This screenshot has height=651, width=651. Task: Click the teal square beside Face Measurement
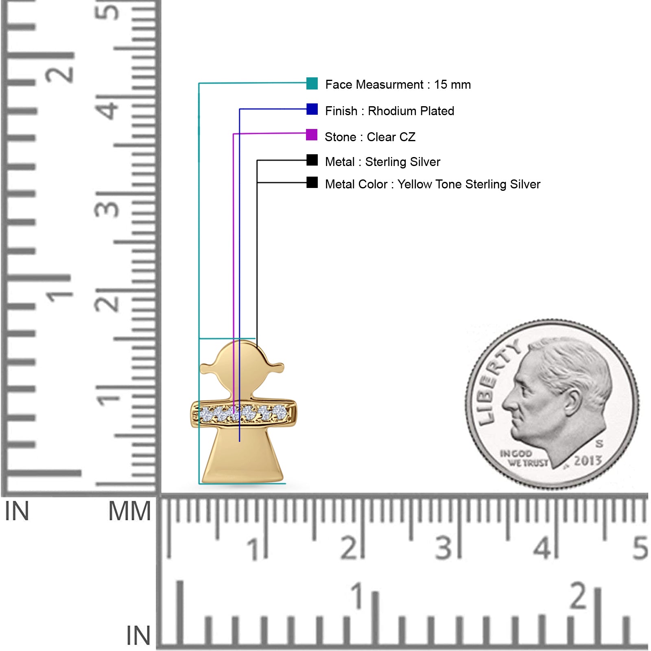click(x=312, y=83)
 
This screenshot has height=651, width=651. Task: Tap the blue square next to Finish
click(x=312, y=109)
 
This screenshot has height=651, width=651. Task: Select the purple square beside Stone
click(x=312, y=135)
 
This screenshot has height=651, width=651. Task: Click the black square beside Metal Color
click(x=312, y=182)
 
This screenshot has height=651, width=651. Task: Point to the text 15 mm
click(x=452, y=85)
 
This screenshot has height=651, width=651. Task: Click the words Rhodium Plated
click(x=411, y=111)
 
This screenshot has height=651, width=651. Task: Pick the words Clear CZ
click(x=391, y=137)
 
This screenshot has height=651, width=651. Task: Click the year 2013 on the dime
click(x=588, y=461)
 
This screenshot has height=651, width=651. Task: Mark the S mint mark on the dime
click(x=599, y=443)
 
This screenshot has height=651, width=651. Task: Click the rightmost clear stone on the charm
click(x=280, y=413)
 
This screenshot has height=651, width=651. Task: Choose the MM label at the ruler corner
click(x=129, y=511)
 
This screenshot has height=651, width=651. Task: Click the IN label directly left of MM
click(x=17, y=511)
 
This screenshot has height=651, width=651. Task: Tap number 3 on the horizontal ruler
click(x=444, y=548)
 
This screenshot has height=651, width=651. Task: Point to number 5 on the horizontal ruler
click(x=640, y=548)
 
